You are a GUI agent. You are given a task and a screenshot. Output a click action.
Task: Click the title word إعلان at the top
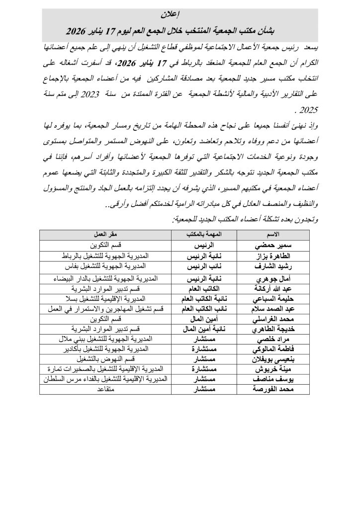pos(180,12)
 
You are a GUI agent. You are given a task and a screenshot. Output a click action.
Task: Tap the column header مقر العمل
pos(105,234)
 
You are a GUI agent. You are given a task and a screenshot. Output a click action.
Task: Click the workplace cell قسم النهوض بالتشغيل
pos(105,360)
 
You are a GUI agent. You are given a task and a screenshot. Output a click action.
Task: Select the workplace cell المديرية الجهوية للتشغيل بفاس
pos(105,266)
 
